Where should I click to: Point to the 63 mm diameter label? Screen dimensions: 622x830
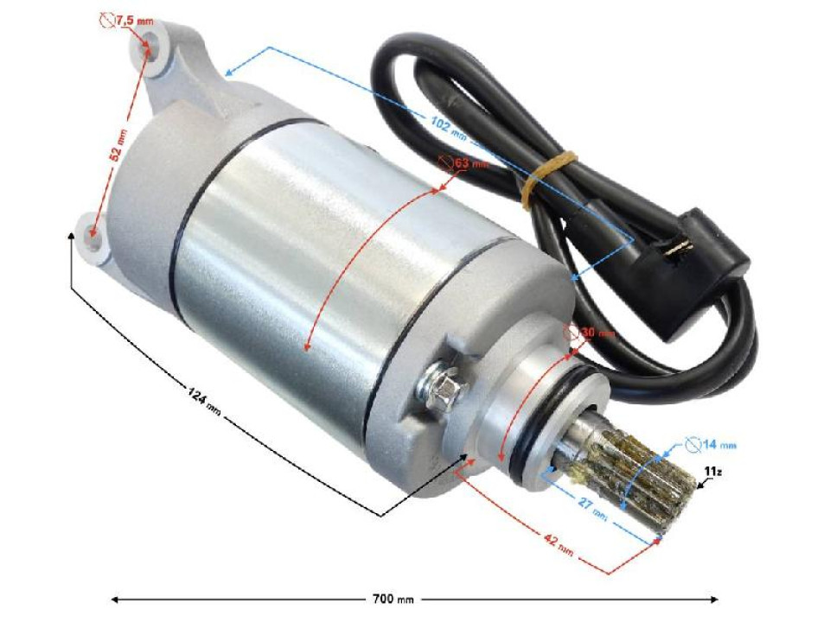pyautogui.click(x=463, y=162)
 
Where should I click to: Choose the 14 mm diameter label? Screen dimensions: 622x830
pyautogui.click(x=711, y=446)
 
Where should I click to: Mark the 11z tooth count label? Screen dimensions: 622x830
pyautogui.click(x=712, y=472)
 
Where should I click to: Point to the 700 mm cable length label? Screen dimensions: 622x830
pyautogui.click(x=394, y=598)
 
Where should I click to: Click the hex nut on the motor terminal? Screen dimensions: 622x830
pyautogui.click(x=442, y=386)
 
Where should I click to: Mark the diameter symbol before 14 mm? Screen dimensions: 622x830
pyautogui.click(x=692, y=446)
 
